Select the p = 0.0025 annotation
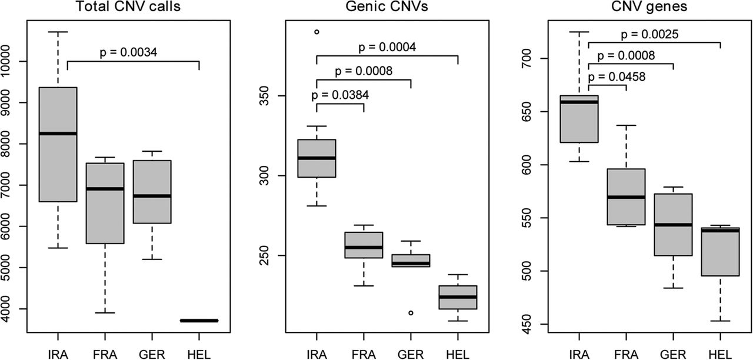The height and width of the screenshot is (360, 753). click(651, 34)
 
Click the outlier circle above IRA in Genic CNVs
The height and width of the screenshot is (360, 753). click(316, 32)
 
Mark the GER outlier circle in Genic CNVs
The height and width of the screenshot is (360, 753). click(411, 312)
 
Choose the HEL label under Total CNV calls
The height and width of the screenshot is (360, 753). click(199, 354)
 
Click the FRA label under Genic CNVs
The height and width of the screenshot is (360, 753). click(364, 354)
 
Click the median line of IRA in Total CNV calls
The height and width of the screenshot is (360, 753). click(58, 134)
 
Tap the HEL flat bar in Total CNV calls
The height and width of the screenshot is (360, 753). click(199, 321)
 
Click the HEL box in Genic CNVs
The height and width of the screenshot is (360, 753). click(458, 297)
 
